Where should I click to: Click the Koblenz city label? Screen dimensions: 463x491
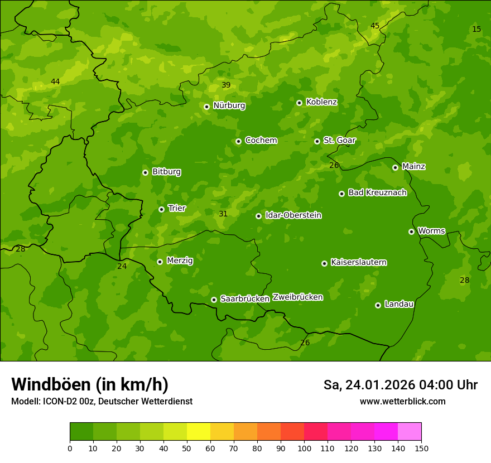pos(321,102)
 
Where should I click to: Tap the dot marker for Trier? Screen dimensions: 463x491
pos(161,209)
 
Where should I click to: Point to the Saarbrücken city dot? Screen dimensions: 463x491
pos(214,300)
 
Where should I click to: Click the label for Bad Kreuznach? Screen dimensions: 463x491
pos(377,192)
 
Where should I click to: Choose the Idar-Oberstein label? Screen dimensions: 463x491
pos(293,215)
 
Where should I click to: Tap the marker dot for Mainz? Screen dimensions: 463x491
pos(395,167)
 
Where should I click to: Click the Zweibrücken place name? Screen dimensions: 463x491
pos(297,297)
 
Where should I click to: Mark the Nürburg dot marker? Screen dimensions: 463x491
pos(206,107)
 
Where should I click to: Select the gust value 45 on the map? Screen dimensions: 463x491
pos(375,26)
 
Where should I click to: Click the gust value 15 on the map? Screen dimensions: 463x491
pos(476,29)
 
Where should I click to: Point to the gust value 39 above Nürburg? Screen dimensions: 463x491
pos(226,85)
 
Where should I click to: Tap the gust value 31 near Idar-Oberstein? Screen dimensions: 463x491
pos(223,214)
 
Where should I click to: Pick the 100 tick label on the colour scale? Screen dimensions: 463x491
pos(304,448)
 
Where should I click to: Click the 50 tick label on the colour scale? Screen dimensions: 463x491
pos(187,448)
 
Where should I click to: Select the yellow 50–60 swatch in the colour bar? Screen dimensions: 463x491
pos(199,432)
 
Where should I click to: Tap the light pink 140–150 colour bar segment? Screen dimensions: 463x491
pos(410,432)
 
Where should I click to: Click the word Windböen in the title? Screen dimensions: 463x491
pos(51,384)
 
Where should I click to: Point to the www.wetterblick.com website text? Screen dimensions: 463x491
pos(402,402)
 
